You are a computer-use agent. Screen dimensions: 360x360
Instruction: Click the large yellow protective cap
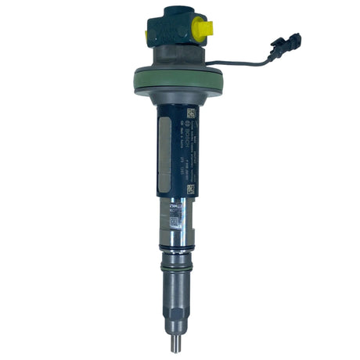203,29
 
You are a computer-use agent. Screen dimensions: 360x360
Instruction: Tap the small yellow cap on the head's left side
146,35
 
